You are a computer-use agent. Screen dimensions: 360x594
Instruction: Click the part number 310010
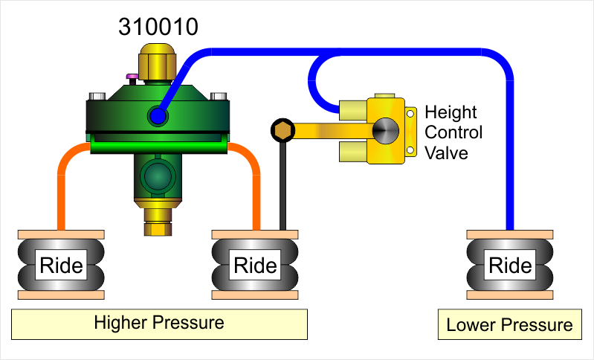[158, 27]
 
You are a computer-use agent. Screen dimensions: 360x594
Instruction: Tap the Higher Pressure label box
[159, 324]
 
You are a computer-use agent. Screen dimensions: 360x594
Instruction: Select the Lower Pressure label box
[509, 325]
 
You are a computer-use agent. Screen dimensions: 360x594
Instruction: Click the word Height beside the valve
[451, 114]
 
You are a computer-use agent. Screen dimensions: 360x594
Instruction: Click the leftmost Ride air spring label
[60, 264]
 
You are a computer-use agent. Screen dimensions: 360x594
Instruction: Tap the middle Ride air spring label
[255, 264]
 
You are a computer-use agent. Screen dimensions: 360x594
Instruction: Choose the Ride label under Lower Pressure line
[510, 264]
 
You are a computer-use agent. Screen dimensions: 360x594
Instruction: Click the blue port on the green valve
[157, 115]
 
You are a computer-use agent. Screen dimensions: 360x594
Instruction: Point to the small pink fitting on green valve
[132, 76]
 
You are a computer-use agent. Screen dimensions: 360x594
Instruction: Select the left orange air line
[61, 186]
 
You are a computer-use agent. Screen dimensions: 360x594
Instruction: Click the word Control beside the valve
[453, 132]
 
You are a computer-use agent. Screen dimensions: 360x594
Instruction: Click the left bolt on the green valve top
[97, 96]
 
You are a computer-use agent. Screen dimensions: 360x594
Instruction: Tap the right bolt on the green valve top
[218, 96]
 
